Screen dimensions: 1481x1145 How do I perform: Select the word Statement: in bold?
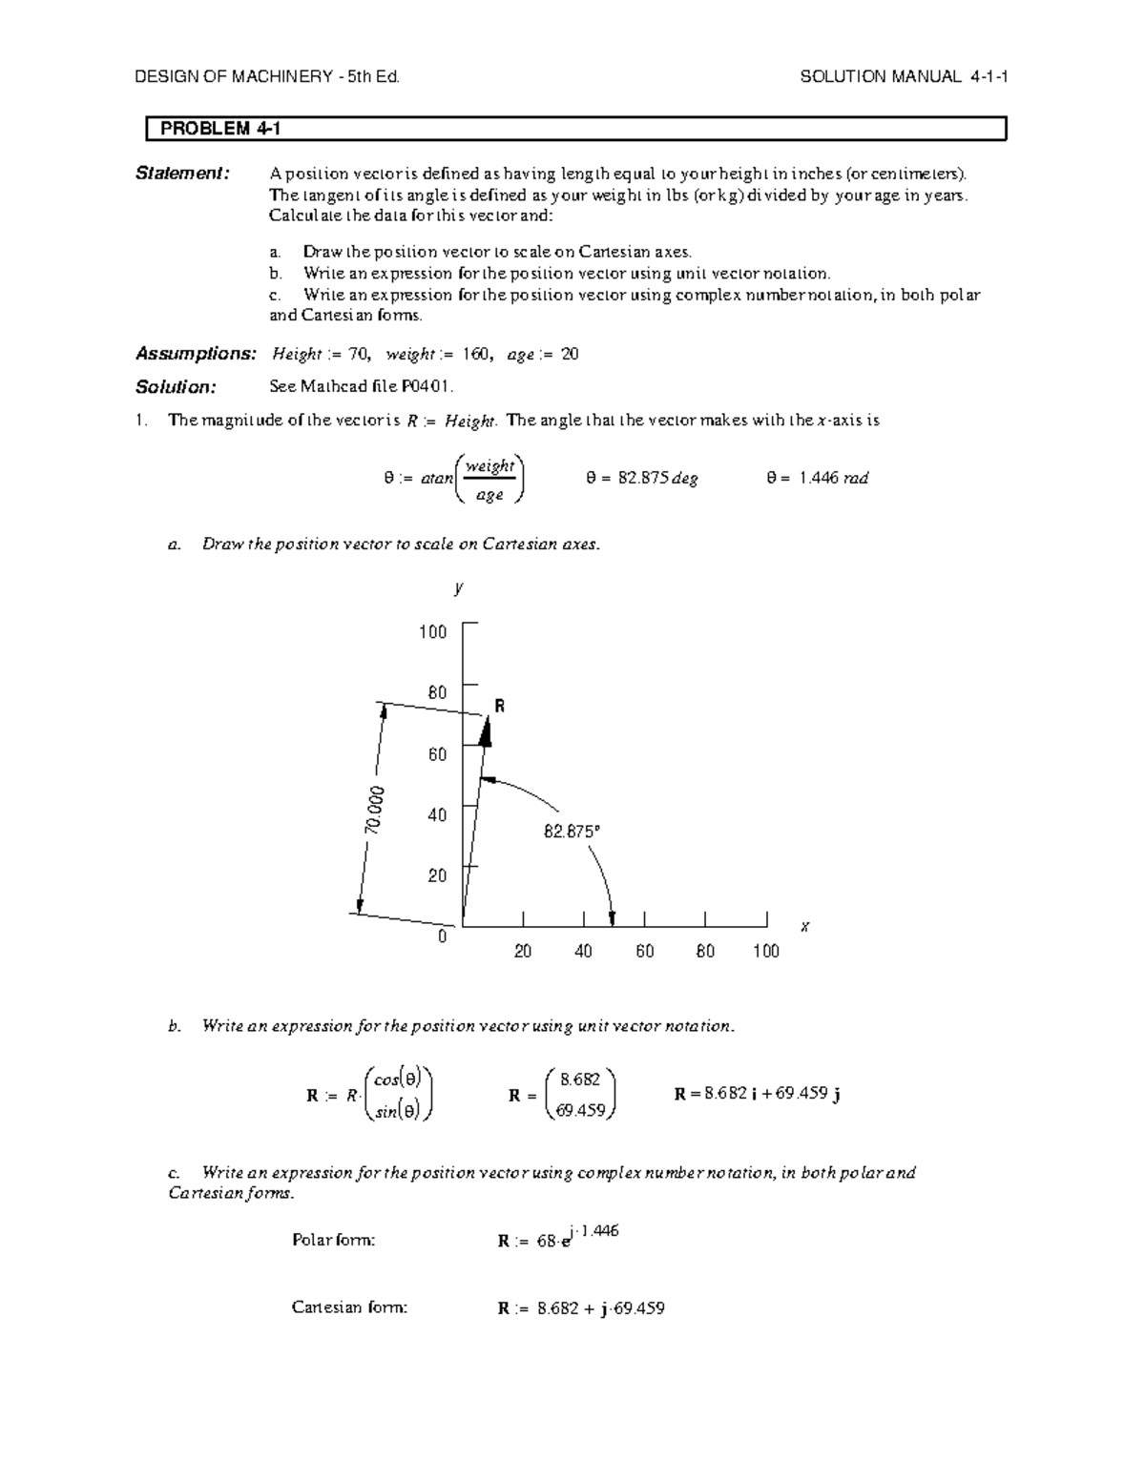point(182,173)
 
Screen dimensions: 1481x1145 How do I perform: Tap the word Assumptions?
point(196,354)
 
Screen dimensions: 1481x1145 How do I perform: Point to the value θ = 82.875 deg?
point(641,479)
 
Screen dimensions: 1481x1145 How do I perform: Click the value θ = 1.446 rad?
point(817,479)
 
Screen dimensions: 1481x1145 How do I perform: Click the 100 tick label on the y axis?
point(432,632)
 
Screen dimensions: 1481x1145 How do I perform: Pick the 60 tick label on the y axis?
point(437,754)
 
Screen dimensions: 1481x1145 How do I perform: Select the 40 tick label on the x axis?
point(583,951)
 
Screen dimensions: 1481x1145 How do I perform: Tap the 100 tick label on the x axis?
point(765,951)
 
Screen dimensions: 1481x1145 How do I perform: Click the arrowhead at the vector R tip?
point(486,730)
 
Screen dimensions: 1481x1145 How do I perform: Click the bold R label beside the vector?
point(498,707)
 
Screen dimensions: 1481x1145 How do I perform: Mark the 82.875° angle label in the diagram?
point(572,832)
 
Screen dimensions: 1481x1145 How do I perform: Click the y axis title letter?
point(459,587)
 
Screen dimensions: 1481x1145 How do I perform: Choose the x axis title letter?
point(804,926)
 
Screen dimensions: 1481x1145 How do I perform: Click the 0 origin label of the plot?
point(442,936)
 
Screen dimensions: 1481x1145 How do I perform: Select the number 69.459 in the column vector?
point(582,1111)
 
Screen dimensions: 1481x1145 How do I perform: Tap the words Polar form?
point(333,1241)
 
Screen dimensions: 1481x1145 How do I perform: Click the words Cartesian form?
point(349,1307)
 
